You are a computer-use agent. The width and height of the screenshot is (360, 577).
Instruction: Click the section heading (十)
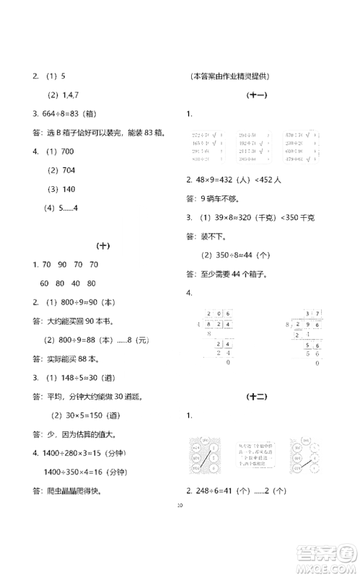[102, 246]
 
